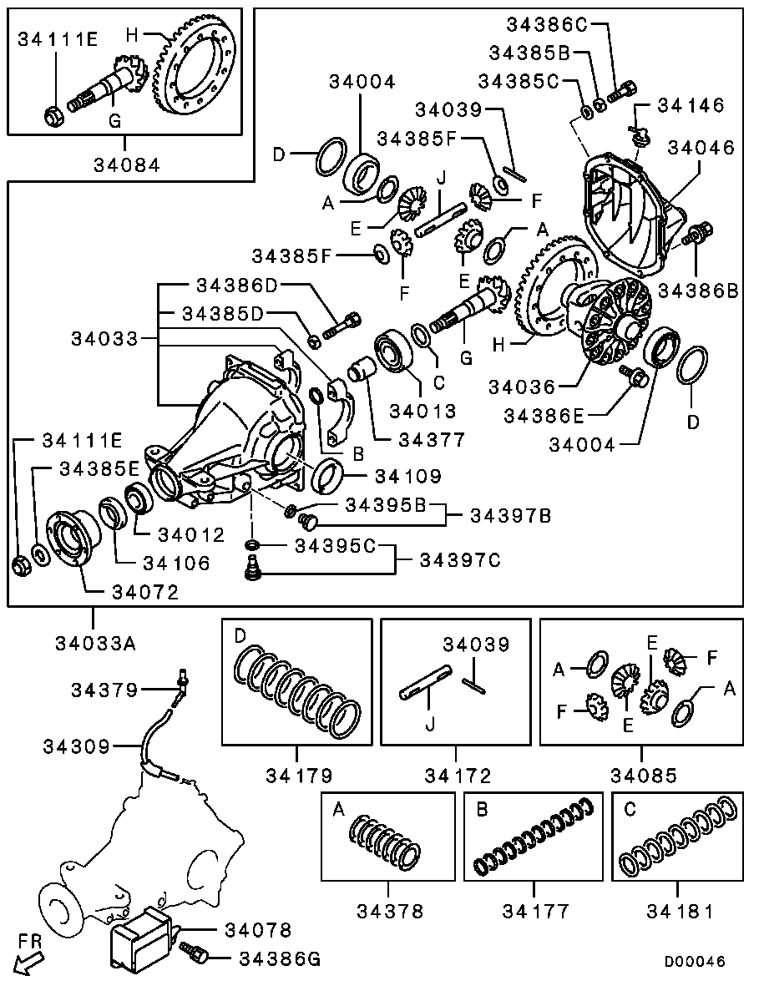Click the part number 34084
tap(127, 165)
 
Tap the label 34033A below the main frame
tap(95, 644)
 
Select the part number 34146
tap(691, 105)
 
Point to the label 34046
tap(701, 147)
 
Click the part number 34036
tap(521, 387)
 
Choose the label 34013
tap(423, 412)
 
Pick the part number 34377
tap(432, 439)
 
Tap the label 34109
tap(408, 476)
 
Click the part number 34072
tap(145, 592)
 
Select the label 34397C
tap(460, 560)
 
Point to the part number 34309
tap(77, 746)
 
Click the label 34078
tap(259, 930)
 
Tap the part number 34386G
tap(280, 959)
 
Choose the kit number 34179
tap(299, 776)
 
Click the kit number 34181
tap(680, 912)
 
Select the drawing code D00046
tap(694, 961)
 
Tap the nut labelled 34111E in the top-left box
tap(53, 116)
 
